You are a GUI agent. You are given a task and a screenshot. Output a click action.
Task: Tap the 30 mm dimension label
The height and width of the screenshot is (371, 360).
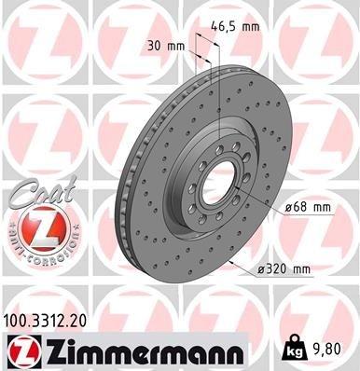pos(165,45)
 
